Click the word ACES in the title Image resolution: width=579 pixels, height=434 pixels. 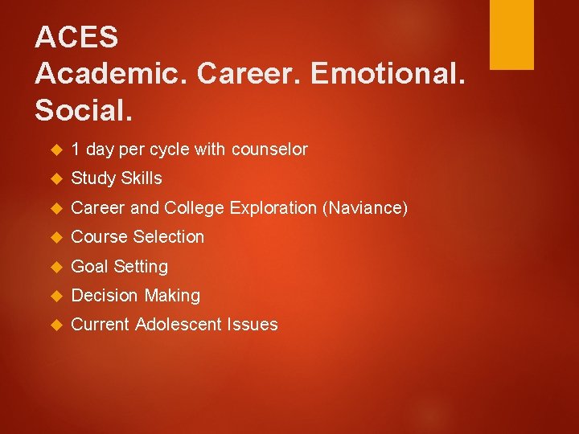77,37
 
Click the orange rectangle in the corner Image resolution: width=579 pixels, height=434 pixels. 512,35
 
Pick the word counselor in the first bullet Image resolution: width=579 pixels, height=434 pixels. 269,149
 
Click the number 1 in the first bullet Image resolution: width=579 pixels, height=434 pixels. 76,149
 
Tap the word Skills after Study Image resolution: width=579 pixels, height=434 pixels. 141,178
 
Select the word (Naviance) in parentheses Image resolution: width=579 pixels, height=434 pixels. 365,208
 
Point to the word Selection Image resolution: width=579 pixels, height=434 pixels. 169,237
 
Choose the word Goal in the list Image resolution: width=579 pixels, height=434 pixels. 90,266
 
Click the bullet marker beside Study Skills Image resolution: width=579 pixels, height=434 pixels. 55,179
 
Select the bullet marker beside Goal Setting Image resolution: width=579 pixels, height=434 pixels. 55,267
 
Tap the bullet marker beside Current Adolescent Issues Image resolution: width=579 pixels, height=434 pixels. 55,325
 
